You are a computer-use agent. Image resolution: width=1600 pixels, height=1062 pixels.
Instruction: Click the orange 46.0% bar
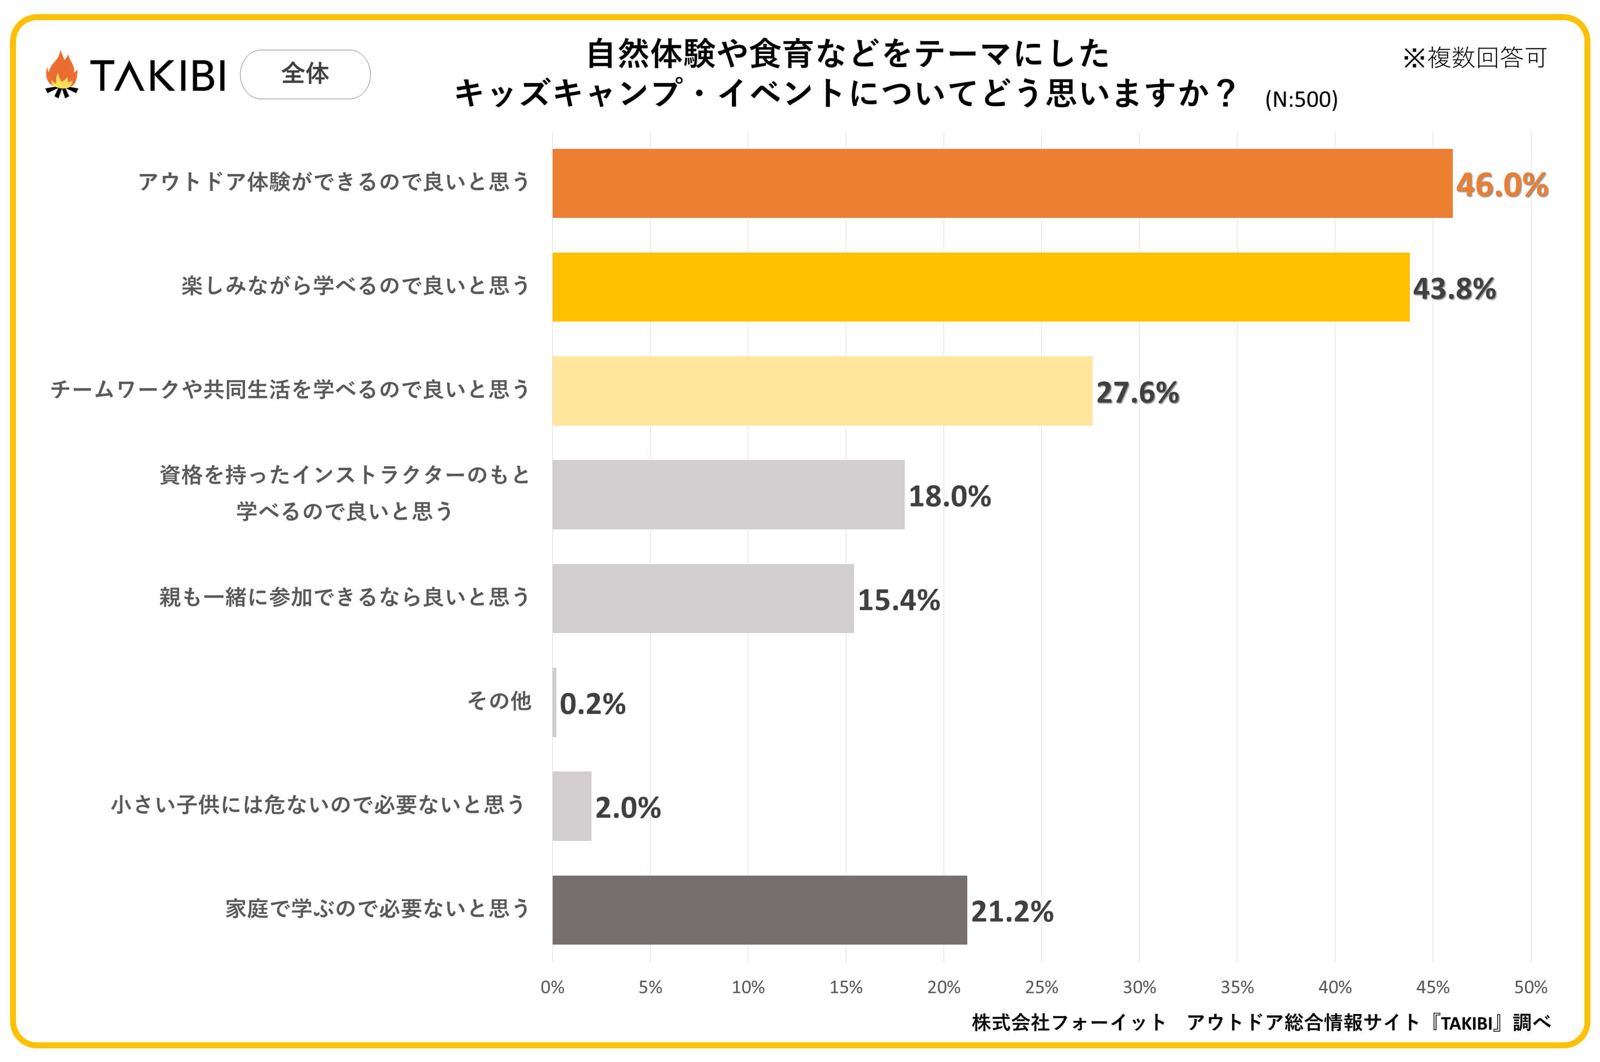click(x=1002, y=184)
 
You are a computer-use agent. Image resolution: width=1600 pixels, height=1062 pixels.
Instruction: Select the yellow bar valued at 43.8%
click(x=980, y=287)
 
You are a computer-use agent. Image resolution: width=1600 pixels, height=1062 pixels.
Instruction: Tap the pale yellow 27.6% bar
click(x=821, y=391)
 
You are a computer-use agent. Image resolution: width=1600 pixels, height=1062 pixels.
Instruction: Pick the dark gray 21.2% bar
click(x=759, y=909)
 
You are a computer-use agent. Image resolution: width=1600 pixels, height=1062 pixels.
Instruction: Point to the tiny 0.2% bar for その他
click(x=555, y=703)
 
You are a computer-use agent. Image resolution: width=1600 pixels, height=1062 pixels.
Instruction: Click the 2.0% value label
click(x=628, y=807)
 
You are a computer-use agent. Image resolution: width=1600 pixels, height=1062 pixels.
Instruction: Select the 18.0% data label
click(x=949, y=496)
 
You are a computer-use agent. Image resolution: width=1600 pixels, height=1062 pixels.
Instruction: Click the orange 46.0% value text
click(x=1502, y=185)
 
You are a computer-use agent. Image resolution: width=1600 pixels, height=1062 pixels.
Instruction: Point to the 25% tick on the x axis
click(x=1041, y=987)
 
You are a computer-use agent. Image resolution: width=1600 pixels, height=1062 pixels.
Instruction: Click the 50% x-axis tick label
click(x=1530, y=987)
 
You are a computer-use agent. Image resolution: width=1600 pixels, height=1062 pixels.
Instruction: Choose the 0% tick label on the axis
click(x=552, y=987)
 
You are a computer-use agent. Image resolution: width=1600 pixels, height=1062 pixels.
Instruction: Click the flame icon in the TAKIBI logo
click(x=62, y=74)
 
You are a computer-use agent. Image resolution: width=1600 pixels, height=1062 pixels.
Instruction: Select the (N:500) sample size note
click(x=1301, y=100)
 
